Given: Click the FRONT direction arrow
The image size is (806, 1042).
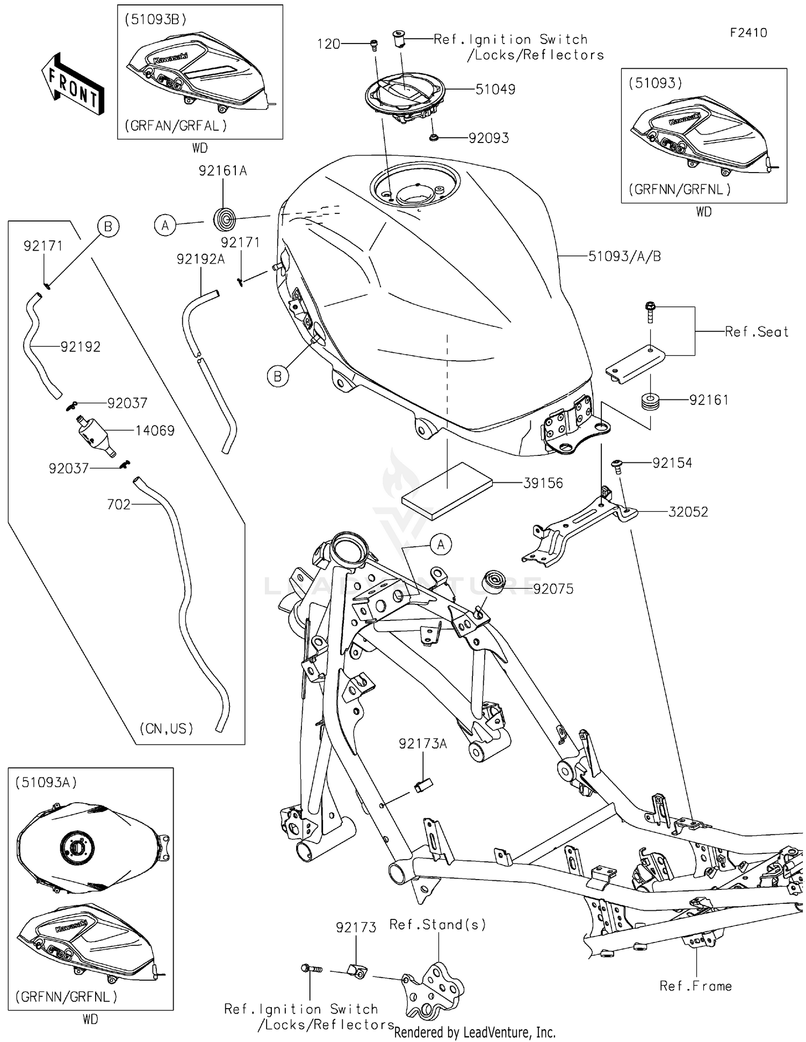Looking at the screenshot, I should point(73,85).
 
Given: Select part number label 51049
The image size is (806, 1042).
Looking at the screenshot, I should point(495,89).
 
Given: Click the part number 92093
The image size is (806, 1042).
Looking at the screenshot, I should point(488,138).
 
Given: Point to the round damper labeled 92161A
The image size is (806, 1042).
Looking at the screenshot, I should point(224,219).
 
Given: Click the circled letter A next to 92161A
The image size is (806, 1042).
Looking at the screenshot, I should point(165,226).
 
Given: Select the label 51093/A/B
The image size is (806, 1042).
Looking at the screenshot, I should point(624,256).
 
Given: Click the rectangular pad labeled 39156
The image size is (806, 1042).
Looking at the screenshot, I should point(447,490).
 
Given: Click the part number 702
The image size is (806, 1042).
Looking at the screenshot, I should point(119,504).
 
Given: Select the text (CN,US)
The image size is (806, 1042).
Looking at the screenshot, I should point(166,729).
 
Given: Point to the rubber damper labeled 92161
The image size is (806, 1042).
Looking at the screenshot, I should point(651,402).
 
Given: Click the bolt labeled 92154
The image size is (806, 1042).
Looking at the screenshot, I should point(617,466).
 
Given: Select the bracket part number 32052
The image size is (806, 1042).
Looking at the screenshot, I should point(688,512).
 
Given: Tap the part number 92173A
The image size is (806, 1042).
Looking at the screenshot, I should point(422,744).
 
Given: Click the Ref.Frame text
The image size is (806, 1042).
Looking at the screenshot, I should point(695,986).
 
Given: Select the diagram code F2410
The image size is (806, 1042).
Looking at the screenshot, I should point(748,33).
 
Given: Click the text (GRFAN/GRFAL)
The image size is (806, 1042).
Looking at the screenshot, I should point(176,126).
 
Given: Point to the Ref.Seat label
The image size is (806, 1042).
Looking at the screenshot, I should point(756,332).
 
